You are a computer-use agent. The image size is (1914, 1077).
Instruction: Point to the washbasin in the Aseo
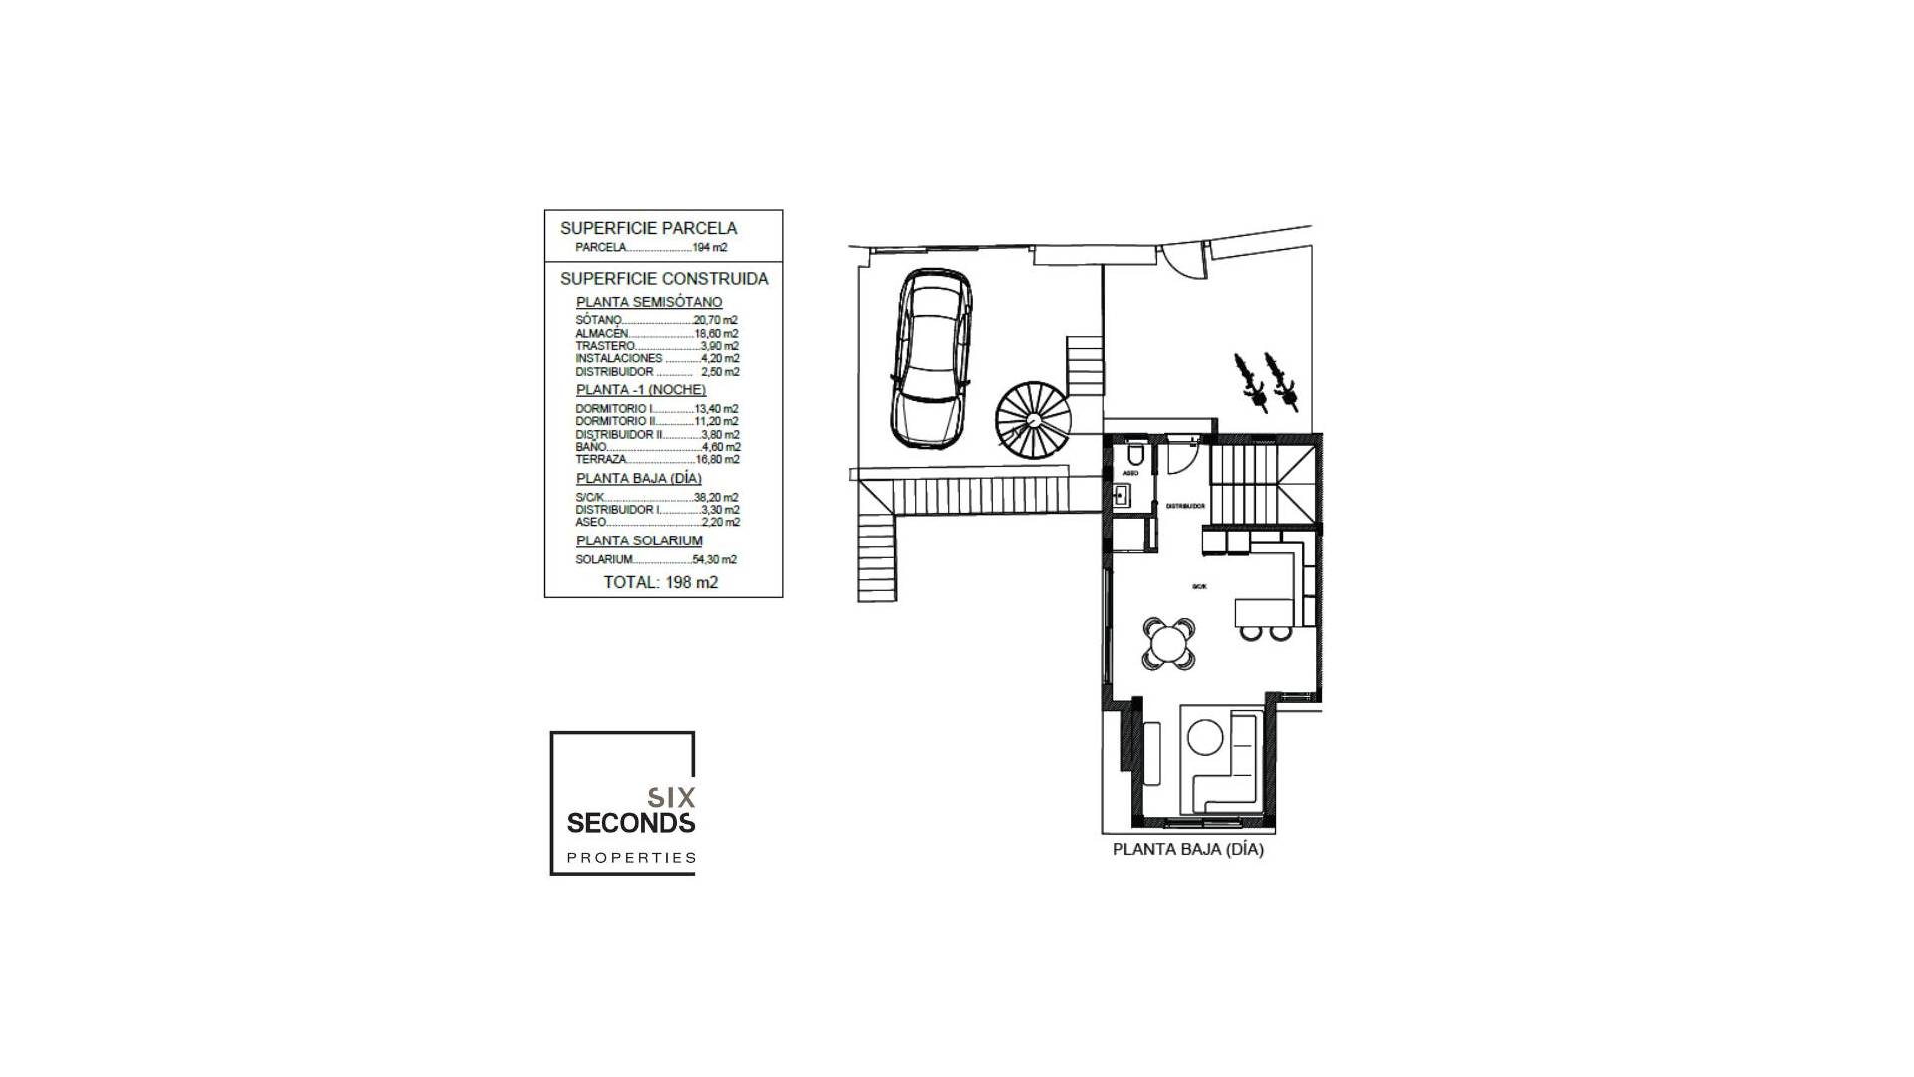1123,495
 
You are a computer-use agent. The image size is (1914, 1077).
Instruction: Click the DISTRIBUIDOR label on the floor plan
1185,507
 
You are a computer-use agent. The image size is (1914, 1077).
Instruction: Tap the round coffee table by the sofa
1204,739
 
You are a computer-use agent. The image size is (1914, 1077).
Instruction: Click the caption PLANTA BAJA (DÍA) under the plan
1187,850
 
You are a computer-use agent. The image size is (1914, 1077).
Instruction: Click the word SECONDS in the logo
630,822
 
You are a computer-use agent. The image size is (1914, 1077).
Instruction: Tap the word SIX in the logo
671,797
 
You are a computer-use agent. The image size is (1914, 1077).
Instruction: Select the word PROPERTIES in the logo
631,857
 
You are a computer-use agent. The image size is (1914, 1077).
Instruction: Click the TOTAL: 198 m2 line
660,582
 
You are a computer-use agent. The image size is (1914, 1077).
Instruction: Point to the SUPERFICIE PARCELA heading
648,228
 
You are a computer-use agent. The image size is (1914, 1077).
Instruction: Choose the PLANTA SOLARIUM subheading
639,540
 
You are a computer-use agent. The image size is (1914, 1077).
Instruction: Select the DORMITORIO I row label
614,409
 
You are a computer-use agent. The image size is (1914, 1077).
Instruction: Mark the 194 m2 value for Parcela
710,247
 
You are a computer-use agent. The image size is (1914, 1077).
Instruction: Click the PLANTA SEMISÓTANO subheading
649,302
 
